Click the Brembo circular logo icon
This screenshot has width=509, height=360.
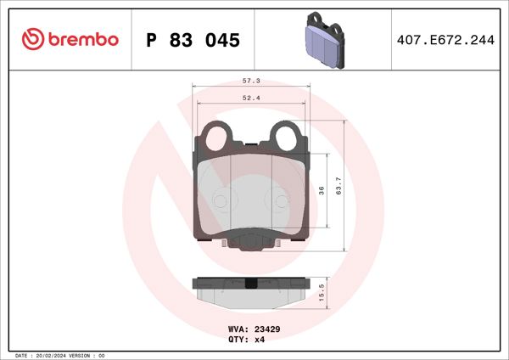click(x=31, y=39)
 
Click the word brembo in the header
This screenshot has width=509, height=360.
click(x=81, y=39)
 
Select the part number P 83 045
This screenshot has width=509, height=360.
click(x=193, y=40)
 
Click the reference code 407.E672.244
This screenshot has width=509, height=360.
click(x=443, y=40)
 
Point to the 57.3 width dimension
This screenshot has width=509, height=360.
click(x=251, y=81)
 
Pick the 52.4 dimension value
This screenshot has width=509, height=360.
click(x=251, y=97)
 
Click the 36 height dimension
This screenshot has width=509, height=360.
click(x=322, y=191)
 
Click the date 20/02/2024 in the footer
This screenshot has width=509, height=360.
click(x=53, y=355)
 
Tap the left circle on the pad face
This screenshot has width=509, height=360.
click(x=221, y=200)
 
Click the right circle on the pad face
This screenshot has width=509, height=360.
click(x=281, y=200)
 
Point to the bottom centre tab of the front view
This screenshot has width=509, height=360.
click(x=251, y=244)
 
